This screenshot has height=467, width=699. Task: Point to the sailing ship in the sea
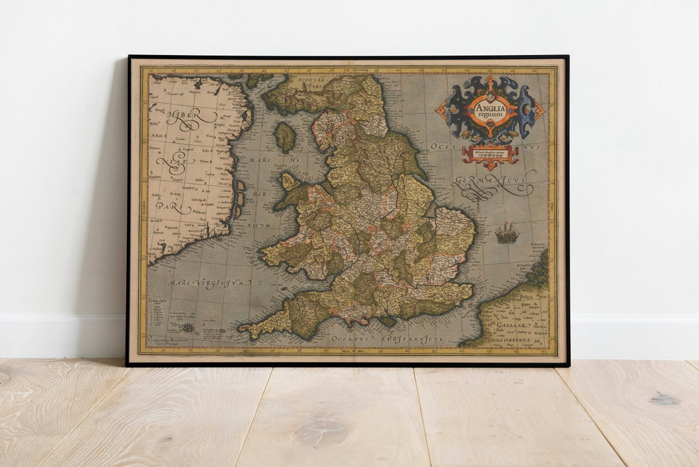tap(507, 233)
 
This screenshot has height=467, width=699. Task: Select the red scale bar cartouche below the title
tap(490, 155)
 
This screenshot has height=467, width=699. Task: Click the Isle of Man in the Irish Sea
tap(285, 137)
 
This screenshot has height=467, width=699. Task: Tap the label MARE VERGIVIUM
tap(209, 282)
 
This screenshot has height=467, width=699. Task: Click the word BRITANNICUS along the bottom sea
tap(413, 339)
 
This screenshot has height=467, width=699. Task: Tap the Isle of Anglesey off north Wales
tap(290, 181)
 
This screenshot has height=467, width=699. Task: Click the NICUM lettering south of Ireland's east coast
tap(258, 225)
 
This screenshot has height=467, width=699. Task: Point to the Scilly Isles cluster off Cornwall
tap(188, 328)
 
